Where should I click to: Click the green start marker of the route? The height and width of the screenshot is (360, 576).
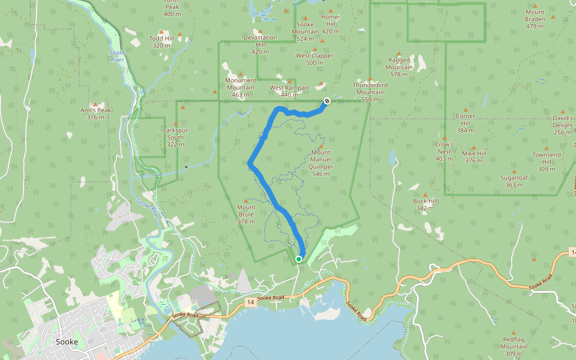point(299,259)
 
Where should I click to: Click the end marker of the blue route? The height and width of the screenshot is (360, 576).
point(327,101)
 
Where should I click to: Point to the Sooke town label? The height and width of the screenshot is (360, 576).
point(66,341)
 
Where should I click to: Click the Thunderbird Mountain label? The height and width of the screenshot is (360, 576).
point(370,89)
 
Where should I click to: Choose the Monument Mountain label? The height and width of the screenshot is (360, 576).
point(241,83)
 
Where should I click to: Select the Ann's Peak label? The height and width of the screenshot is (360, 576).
point(95,113)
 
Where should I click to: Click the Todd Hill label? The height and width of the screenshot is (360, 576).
point(161,41)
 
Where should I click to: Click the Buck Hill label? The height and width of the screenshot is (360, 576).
point(425,205)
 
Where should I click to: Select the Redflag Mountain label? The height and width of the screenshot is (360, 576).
point(514,343)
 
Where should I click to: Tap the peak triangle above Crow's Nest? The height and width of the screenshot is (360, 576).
point(444,138)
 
